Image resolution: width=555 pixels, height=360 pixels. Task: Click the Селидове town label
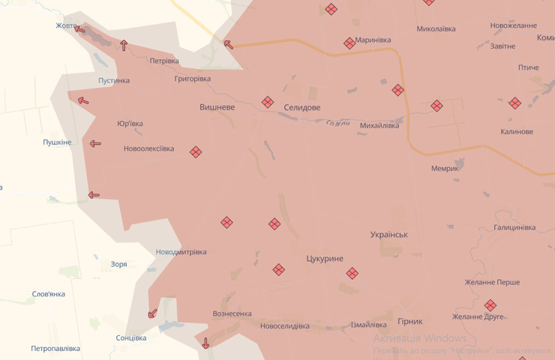point(302,107)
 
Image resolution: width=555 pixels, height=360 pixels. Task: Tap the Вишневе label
point(217,107)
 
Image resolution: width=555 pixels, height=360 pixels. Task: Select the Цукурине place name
point(325,259)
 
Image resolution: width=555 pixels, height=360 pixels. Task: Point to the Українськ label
point(389,234)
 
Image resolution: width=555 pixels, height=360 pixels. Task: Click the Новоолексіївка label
point(148,148)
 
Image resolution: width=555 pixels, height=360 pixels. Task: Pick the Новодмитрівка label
point(181,252)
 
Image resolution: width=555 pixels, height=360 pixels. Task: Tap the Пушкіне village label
point(57,142)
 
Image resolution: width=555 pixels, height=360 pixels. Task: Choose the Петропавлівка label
point(55,349)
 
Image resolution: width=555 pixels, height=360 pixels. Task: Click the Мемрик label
point(444,168)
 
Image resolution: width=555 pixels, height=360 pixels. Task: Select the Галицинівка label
point(514,227)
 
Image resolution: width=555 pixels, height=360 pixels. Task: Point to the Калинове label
point(517,131)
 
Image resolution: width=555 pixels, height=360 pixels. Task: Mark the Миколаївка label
point(436,29)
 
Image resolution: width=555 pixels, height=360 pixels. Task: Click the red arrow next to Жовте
point(79,28)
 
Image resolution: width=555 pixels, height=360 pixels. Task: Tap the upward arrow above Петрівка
point(124,45)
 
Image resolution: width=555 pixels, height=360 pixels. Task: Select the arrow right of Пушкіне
point(95,143)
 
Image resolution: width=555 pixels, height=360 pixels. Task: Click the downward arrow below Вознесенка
point(205,343)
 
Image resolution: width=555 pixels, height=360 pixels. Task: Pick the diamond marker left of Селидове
point(268,103)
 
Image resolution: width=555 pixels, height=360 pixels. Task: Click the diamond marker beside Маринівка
point(349,43)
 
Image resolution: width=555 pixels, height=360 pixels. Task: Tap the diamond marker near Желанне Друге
point(490,305)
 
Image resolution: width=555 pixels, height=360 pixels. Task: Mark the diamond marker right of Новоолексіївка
point(196,152)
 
